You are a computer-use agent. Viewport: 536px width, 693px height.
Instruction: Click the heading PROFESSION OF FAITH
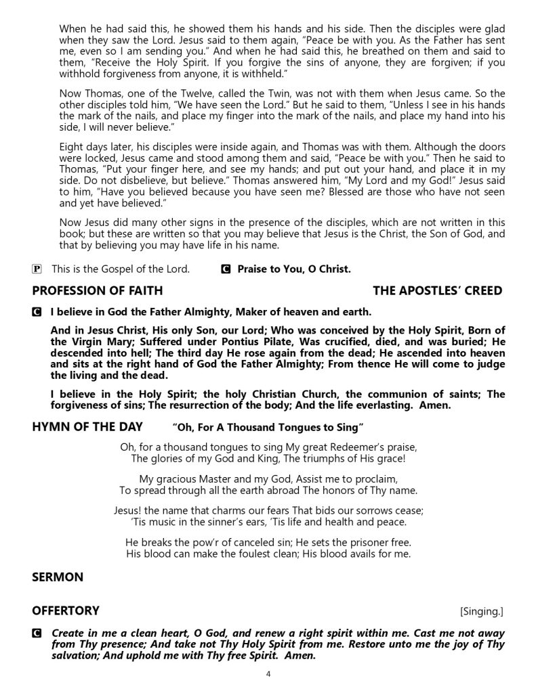click(x=97, y=291)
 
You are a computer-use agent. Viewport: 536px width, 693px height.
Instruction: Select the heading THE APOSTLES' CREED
click(x=438, y=291)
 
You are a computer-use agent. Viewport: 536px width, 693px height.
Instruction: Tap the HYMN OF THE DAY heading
click(x=87, y=426)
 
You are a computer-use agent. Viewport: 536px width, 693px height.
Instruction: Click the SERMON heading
click(x=58, y=577)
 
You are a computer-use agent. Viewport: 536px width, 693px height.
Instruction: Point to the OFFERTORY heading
click(x=66, y=610)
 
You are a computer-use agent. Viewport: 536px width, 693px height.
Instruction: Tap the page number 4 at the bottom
click(x=268, y=674)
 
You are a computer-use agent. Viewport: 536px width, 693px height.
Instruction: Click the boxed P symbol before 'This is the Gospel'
click(x=37, y=269)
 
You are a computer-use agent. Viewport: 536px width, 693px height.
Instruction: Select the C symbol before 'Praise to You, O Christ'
click(x=226, y=269)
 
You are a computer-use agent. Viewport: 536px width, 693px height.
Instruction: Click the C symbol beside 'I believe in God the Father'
click(x=37, y=313)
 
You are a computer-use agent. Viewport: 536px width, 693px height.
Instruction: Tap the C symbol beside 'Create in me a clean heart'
click(x=37, y=635)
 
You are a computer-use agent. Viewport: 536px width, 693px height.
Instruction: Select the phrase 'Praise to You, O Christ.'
click(x=294, y=269)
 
